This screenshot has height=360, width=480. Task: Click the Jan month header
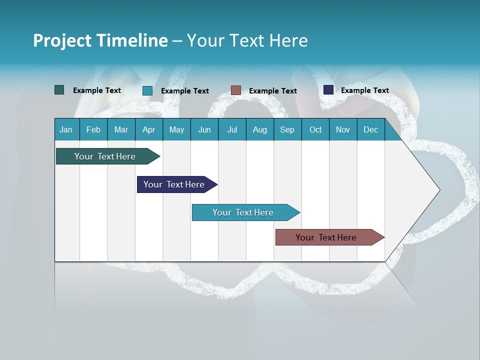tap(66, 129)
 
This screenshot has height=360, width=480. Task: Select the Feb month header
tap(93, 129)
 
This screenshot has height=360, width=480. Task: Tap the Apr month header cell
tap(149, 129)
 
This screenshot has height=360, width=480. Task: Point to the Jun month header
tap(204, 129)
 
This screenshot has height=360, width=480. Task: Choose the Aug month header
tap(260, 129)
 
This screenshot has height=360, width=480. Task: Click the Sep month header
tap(287, 129)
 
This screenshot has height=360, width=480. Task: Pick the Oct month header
tap(315, 129)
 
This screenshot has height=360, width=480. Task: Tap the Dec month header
tap(371, 129)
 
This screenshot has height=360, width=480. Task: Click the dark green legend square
tap(59, 90)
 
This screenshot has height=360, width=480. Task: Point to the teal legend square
tap(147, 90)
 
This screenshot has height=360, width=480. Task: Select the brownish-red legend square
tap(236, 90)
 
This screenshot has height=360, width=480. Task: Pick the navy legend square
tap(328, 90)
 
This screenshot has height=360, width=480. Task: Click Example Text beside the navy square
tap(364, 90)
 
